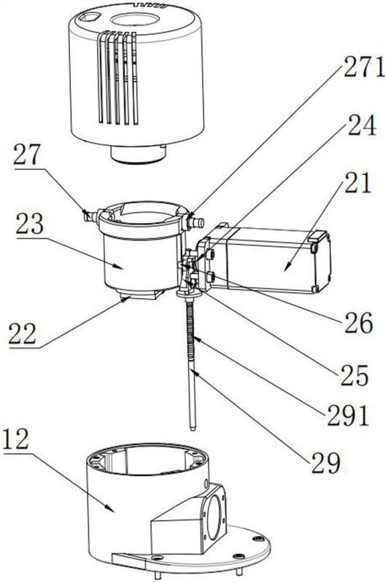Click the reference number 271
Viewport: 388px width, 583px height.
point(364,68)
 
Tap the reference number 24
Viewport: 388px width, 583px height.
point(361,126)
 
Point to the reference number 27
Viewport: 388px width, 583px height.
point(26,154)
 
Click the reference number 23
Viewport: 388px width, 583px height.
point(30,224)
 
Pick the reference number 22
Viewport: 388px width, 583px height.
point(23,334)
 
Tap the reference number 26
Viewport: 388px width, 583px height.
point(359,323)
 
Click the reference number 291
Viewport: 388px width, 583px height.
point(348,415)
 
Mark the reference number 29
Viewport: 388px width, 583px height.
point(326,463)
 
